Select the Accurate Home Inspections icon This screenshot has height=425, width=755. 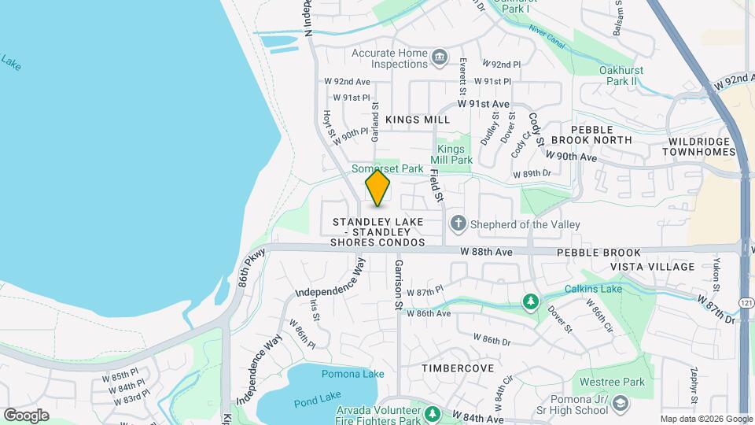click(439, 56)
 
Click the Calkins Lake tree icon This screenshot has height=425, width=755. click(532, 301)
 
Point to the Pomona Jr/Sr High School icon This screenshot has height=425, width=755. click(620, 404)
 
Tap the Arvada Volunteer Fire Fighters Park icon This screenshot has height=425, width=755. click(431, 413)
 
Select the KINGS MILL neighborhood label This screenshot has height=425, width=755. click(418, 120)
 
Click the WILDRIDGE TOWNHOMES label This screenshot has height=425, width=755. click(699, 146)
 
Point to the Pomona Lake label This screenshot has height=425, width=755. click(344, 374)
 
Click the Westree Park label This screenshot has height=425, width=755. click(615, 382)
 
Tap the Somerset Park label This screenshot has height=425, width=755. click(387, 168)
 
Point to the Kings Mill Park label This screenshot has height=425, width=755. click(455, 154)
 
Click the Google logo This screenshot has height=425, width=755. click(26, 415)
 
